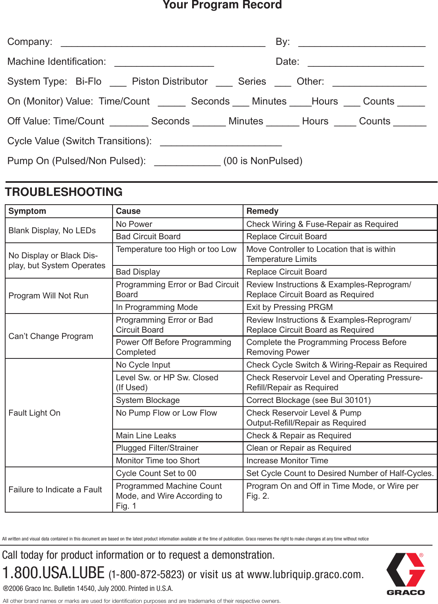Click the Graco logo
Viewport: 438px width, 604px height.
pos(405,573)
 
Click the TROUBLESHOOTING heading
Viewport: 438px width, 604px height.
pos(64,192)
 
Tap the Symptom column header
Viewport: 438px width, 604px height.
pos(27,211)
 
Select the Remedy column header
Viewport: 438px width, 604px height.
pos(262,211)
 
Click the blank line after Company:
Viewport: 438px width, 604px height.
pos(163,44)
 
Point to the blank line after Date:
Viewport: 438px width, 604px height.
pos(366,64)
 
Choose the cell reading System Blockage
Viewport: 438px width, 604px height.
pos(148,400)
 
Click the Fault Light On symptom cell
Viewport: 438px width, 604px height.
pos(35,413)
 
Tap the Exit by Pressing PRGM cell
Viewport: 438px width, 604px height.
pos(289,307)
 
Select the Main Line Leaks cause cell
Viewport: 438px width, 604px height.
pos(146,436)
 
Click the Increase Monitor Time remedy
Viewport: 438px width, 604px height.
pos(287,461)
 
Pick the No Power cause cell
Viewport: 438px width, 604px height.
pos(134,224)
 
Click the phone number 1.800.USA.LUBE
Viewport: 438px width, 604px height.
pos(53,573)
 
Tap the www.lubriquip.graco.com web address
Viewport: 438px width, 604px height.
pos(305,575)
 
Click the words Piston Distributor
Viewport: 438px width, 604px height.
pos(169,81)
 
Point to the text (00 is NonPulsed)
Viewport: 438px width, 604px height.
pos(263,161)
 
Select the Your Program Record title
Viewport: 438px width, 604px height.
pos(222,5)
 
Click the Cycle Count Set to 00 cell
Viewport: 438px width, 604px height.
pos(156,473)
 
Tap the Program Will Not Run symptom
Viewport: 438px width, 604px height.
pos(49,296)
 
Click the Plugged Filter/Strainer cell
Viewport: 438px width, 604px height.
pos(157,448)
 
